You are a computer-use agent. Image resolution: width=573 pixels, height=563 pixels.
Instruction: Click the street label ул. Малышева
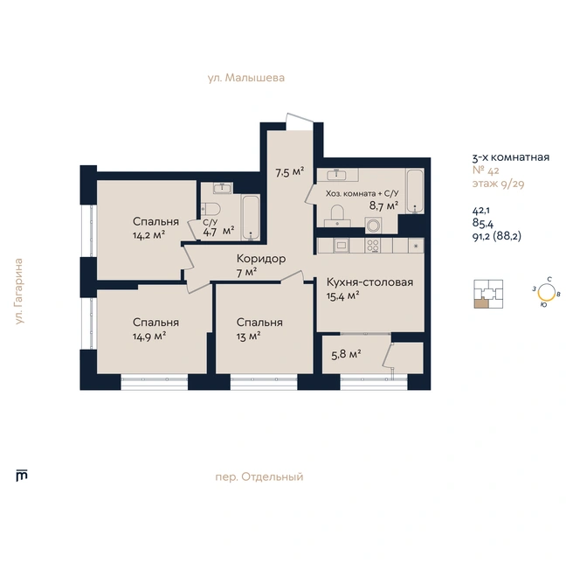(x=246, y=78)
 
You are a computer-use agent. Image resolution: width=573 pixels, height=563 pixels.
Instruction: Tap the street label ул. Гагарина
(x=19, y=291)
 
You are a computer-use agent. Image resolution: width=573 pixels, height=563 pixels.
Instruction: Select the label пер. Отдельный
(x=259, y=477)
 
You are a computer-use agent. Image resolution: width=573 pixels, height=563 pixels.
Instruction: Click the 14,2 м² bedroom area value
(x=149, y=235)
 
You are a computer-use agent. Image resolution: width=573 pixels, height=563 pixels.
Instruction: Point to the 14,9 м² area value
(x=149, y=337)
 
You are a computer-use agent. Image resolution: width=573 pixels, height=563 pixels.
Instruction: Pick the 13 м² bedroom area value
(x=248, y=337)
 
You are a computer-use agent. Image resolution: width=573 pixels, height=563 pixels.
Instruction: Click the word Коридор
(x=261, y=259)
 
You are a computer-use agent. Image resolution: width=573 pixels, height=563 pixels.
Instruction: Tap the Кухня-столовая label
(x=369, y=282)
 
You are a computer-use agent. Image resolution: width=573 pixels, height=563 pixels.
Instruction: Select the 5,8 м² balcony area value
(x=346, y=354)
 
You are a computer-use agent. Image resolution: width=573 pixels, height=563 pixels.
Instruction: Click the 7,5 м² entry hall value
(x=290, y=172)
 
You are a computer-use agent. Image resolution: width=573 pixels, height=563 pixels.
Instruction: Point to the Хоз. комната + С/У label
(x=362, y=193)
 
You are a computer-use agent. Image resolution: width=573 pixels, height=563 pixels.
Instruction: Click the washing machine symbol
(x=373, y=226)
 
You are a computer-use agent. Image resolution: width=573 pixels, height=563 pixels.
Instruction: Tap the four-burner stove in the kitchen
(x=373, y=246)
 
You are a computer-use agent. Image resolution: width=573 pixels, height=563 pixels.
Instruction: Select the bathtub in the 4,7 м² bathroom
(x=251, y=218)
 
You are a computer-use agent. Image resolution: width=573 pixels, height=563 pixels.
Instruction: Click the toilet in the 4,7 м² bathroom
(x=211, y=210)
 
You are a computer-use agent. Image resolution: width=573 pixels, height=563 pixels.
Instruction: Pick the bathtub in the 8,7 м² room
(x=415, y=191)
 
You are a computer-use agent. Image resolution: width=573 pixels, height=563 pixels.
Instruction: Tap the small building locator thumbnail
(x=488, y=294)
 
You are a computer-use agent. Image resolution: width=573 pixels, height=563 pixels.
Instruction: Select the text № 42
(x=486, y=170)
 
